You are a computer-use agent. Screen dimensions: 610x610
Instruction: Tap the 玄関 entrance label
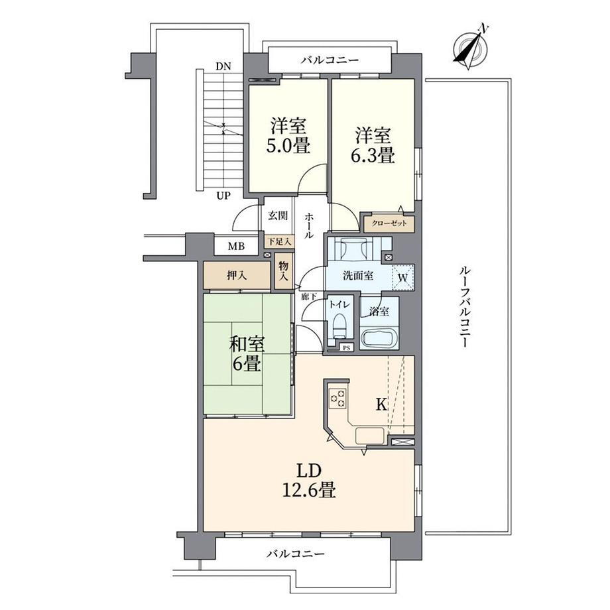pos(278,215)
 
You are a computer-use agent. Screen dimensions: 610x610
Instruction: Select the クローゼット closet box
pos(389,223)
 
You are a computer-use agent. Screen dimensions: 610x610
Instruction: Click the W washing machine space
pos(403,278)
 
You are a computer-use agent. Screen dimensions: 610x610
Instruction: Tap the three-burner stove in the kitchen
pos(337,398)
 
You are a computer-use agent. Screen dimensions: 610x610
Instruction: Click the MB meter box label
pos(236,246)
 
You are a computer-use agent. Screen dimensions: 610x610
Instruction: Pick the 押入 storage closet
pos(237,276)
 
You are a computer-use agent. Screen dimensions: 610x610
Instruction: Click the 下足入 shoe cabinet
pos(278,241)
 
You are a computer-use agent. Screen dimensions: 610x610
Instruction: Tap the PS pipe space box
pos(346,348)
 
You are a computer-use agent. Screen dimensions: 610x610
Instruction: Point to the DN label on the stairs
pos(223,66)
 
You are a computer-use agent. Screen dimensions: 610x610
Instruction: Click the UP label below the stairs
pos(223,196)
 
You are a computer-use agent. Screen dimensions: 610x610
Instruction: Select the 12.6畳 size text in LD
pos(309,491)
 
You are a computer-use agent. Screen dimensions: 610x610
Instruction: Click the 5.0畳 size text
pos(288,147)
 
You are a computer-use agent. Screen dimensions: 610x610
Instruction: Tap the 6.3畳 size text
pos(373,156)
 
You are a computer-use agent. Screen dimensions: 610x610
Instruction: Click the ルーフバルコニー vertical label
pos(465,307)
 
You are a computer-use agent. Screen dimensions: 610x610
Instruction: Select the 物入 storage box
pos(284,271)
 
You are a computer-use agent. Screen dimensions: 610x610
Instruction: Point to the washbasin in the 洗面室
pos(354,249)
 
